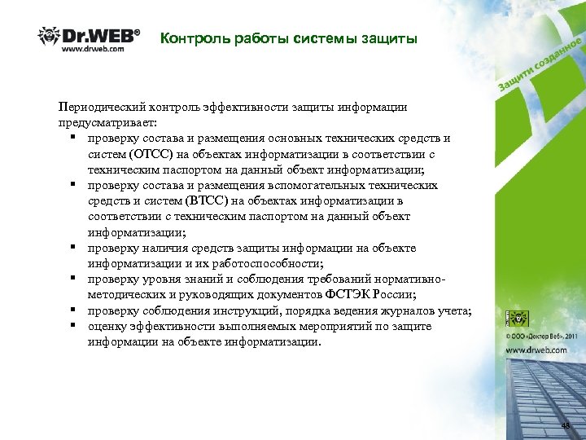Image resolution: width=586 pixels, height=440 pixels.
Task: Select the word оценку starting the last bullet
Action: click(108, 326)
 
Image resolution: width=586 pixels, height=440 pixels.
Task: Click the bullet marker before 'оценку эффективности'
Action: click(73, 326)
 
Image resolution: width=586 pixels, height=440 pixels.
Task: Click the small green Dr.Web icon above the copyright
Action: click(516, 318)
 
